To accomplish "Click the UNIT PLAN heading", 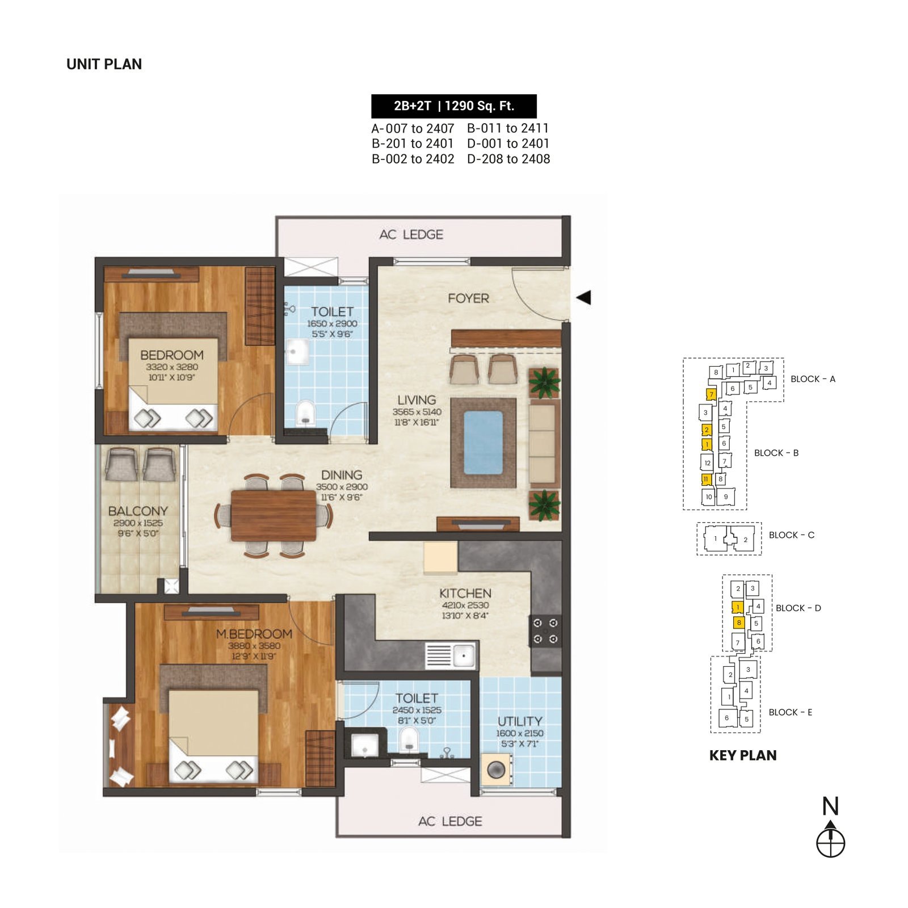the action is pyautogui.click(x=104, y=64).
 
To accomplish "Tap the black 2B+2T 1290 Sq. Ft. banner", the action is pyautogui.click(x=453, y=106).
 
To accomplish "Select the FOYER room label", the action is pyautogui.click(x=468, y=299).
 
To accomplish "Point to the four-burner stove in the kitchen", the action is pyautogui.click(x=545, y=631).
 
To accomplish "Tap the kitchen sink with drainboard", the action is pyautogui.click(x=451, y=655).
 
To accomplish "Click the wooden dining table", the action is pyautogui.click(x=274, y=516).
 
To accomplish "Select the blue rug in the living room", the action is pyautogui.click(x=483, y=443).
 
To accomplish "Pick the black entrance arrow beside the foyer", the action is pyautogui.click(x=584, y=297).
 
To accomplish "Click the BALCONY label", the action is pyautogui.click(x=138, y=511).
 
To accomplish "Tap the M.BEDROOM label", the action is pyautogui.click(x=254, y=634).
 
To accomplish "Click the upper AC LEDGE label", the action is pyautogui.click(x=411, y=234).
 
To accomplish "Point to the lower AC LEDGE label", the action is pyautogui.click(x=450, y=821).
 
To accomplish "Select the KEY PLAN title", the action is pyautogui.click(x=743, y=755).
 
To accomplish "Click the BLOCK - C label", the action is pyautogui.click(x=791, y=535).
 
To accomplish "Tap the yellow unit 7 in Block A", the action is pyautogui.click(x=711, y=394).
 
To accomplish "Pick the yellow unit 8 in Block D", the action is pyautogui.click(x=739, y=623).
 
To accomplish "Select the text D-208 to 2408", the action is pyautogui.click(x=508, y=159).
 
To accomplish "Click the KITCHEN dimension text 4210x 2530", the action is pyautogui.click(x=465, y=606).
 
